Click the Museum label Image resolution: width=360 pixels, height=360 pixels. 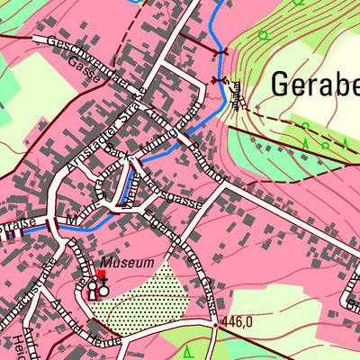[127, 263]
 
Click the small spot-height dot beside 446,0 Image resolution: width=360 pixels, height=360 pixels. [215, 320]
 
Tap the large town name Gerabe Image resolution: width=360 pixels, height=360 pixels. [313, 85]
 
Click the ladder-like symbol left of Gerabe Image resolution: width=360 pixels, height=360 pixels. [237, 94]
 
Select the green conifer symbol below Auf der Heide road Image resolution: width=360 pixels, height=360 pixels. [188, 348]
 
